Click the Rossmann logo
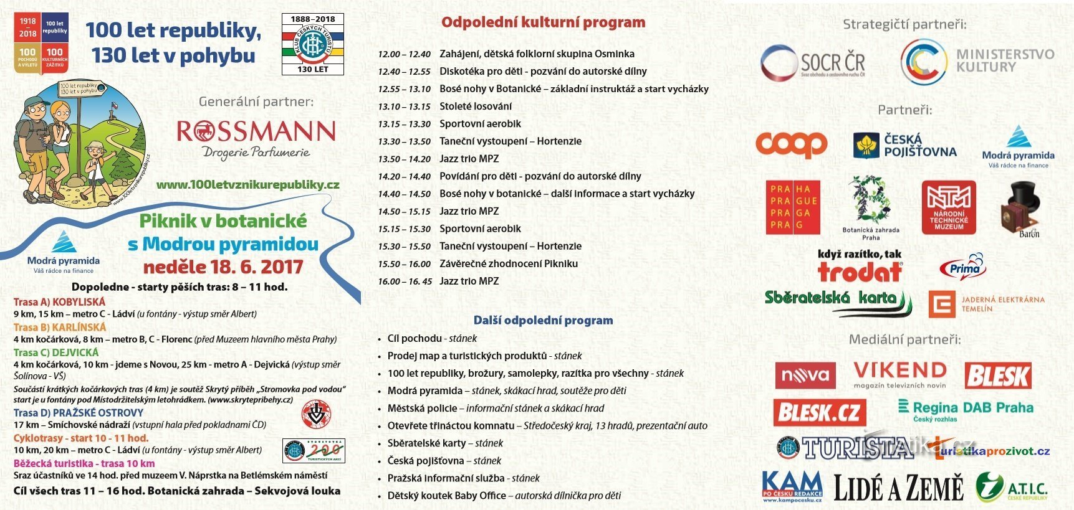click(256, 138)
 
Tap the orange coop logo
click(791, 144)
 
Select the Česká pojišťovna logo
click(904, 146)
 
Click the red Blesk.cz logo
click(820, 412)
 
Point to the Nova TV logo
click(805, 375)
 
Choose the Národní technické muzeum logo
click(948, 207)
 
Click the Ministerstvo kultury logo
click(977, 61)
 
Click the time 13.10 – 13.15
click(404, 106)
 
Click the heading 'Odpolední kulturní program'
click(543, 22)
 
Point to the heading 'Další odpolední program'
click(543, 320)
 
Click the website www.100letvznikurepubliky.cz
click(247, 184)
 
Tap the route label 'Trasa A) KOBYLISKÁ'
click(59, 302)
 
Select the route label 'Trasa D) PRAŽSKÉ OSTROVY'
click(79, 413)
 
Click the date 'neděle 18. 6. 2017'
click(223, 267)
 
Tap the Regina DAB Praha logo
click(966, 408)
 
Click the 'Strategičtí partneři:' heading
click(904, 24)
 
